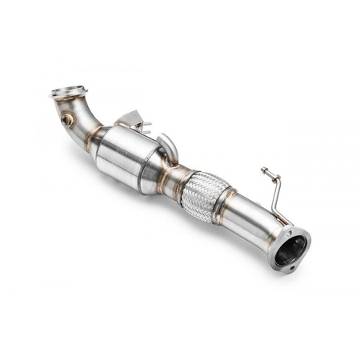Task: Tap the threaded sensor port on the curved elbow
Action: [66, 120]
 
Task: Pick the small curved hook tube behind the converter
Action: [170, 147]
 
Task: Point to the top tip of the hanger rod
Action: [263, 170]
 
